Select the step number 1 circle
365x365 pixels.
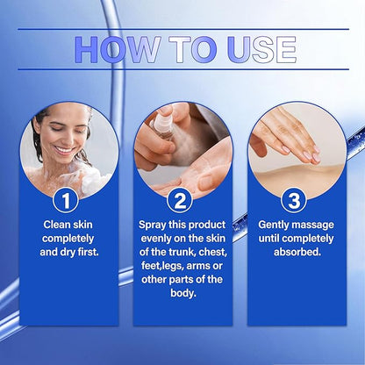tap(66, 201)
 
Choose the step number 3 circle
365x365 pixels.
tap(294, 201)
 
